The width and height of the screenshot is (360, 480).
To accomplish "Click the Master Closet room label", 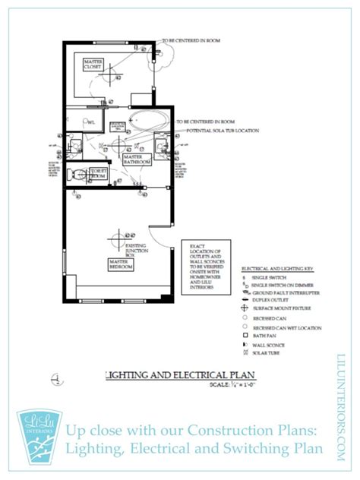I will [x=93, y=64].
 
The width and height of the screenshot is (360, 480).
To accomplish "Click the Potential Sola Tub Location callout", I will [x=216, y=131].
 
